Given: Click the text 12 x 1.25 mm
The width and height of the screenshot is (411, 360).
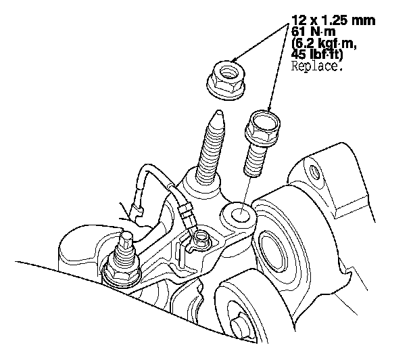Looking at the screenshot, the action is (333, 20).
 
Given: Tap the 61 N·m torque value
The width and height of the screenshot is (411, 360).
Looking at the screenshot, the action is (313, 32).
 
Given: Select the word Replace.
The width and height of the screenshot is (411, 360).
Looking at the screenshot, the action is (317, 66).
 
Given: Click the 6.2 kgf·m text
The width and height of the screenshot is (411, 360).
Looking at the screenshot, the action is (324, 43).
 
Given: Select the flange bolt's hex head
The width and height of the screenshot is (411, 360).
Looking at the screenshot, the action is (262, 127).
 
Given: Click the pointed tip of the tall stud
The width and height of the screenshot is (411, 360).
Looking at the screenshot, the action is (218, 112).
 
